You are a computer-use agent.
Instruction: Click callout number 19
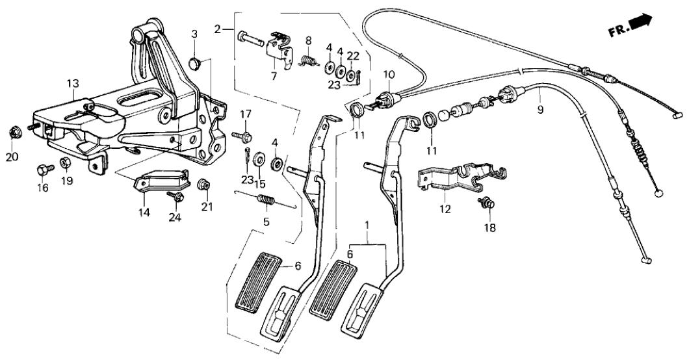[67, 181]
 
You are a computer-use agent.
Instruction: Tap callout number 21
[207, 207]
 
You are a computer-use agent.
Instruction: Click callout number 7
[274, 77]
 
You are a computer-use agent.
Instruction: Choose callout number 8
[309, 40]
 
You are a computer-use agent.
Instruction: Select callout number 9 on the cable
[540, 110]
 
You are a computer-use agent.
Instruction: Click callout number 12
[444, 210]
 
